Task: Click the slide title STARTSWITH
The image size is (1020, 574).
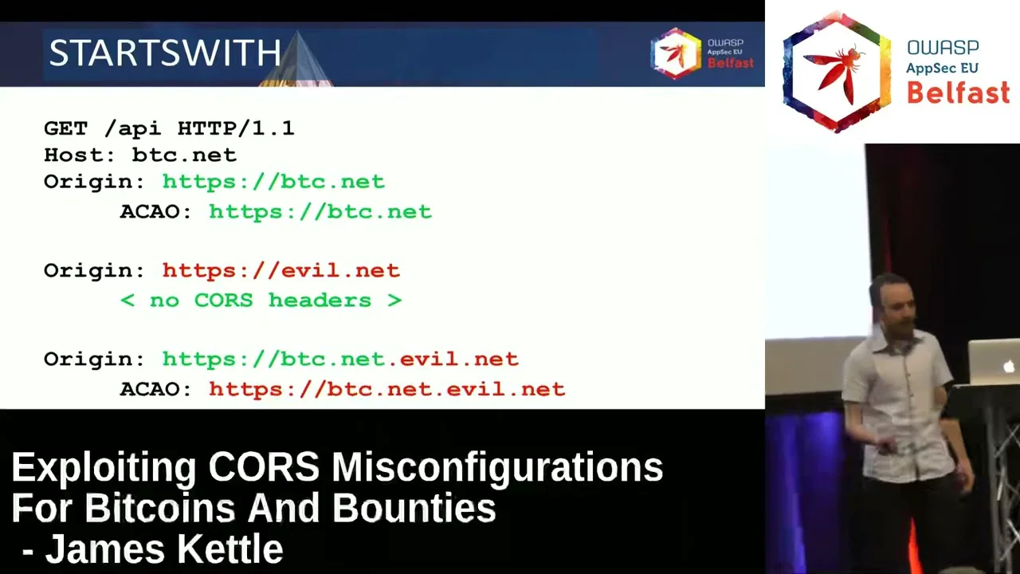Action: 165,53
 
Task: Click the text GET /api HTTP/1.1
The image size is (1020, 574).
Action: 170,128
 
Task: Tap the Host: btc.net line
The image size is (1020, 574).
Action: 140,155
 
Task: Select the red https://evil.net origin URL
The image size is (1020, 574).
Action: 281,270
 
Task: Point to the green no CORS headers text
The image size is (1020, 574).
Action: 261,301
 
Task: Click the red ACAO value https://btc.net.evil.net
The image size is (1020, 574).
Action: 387,390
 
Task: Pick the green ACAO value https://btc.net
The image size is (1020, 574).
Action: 320,212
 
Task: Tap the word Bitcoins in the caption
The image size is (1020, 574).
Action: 160,509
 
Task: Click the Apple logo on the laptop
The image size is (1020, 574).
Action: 1008,365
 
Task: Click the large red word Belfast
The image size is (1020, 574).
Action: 959,92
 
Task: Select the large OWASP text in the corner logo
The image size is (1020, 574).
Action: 943,48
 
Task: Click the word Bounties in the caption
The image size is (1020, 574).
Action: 414,509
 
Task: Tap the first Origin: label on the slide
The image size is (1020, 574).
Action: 94,183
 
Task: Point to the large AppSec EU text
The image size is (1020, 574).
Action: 942,69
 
